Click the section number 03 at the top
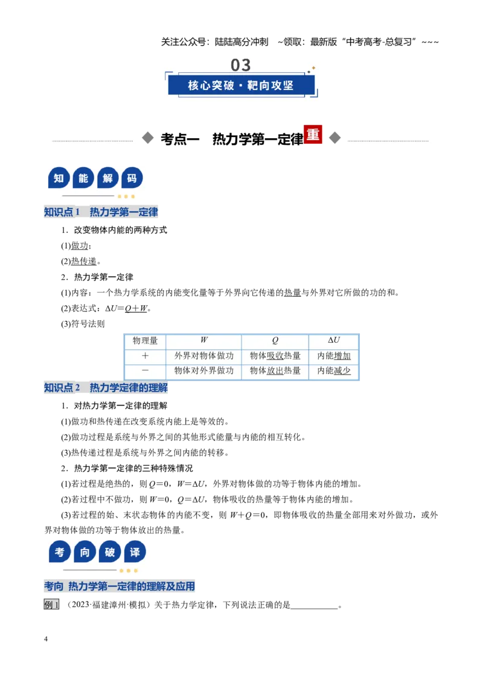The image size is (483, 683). point(241,65)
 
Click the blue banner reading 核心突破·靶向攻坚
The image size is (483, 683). point(241,85)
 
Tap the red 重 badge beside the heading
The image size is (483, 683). point(313,135)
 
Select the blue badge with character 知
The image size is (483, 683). point(59,178)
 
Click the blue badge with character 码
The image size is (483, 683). point(132,178)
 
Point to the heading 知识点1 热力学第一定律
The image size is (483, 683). point(101,212)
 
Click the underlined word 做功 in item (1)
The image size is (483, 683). point(79,246)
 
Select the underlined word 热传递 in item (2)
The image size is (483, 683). point(84,261)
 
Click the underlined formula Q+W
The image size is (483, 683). point(136,308)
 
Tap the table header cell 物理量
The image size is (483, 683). point(145,341)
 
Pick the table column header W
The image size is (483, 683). point(204,340)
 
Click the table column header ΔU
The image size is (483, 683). point(334,340)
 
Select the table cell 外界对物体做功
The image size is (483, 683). point(204,356)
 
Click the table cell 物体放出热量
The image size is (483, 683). point(275,370)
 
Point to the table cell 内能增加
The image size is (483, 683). point(334,356)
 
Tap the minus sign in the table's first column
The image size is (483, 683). point(145,370)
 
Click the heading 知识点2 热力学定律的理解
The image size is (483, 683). point(106,388)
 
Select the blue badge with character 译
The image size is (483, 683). point(135,552)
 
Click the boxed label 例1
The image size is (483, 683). point(51,605)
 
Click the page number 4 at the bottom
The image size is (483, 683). point(46,639)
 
